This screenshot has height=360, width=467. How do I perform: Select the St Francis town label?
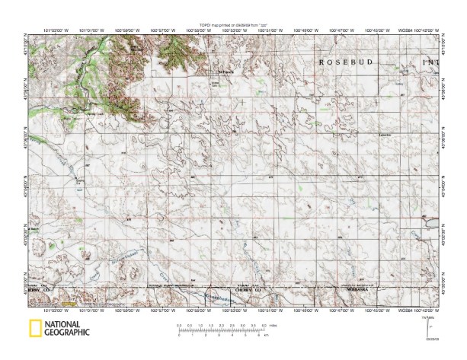224,73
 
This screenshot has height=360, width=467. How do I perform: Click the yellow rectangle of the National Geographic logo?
34,329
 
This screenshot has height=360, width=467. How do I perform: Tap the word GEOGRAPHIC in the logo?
67,333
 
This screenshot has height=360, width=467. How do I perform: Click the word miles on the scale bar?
271,325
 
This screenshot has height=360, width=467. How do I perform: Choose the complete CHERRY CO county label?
248,290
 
